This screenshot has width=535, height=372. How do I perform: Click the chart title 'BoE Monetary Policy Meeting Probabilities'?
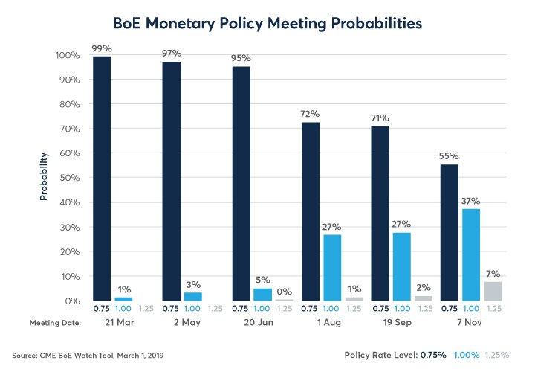point(267,24)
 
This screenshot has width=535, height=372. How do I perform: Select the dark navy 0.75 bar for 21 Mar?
point(102,179)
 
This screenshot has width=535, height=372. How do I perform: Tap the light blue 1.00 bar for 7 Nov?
point(471,254)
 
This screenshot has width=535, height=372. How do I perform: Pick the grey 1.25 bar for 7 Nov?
point(492,291)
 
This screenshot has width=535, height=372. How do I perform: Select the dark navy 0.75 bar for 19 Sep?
point(380,214)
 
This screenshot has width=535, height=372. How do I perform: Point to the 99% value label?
point(102,48)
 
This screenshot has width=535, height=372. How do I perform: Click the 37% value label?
point(471,202)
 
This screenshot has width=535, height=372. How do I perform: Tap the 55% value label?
point(449,156)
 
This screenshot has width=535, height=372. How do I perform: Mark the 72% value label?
point(310,115)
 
